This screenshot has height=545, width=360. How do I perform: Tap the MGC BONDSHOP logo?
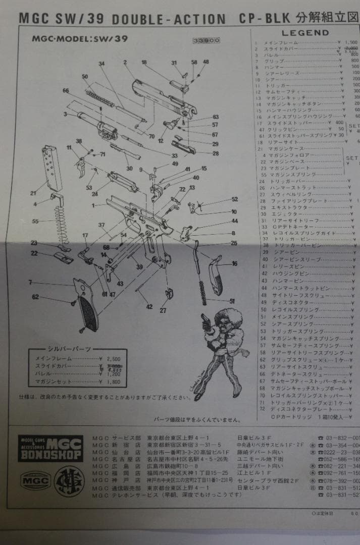(50, 448)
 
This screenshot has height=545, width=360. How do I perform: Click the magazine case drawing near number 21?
(53, 167)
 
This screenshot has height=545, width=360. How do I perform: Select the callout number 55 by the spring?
(35, 222)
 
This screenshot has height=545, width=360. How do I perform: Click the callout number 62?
(35, 297)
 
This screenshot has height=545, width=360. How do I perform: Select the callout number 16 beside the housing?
(234, 263)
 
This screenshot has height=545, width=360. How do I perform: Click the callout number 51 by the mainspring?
(232, 301)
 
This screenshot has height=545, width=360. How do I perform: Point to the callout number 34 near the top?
(101, 64)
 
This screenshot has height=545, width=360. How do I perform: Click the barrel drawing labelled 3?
(91, 121)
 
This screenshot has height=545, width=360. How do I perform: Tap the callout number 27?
(163, 311)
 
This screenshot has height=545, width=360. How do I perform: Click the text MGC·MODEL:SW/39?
(79, 38)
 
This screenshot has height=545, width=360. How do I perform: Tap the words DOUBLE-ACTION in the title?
(169, 19)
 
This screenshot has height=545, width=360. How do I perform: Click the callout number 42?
(149, 307)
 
